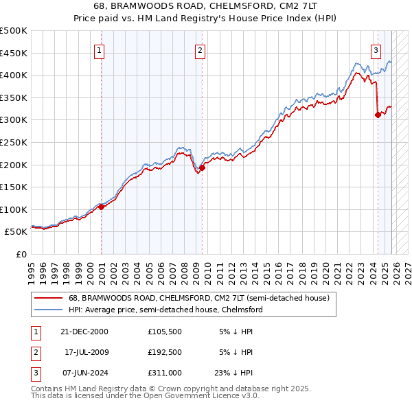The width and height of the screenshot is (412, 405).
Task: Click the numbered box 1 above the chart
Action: [x=100, y=49]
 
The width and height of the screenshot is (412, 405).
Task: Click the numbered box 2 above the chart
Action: [x=199, y=49]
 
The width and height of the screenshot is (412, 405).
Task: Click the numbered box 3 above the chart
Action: [x=376, y=49]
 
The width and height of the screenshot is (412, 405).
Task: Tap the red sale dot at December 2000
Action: [x=101, y=206]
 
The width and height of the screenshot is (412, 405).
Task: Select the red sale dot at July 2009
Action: [x=202, y=167]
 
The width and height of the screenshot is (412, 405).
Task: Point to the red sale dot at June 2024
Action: [x=378, y=115]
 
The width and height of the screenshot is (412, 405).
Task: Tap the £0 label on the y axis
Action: [x=20, y=254]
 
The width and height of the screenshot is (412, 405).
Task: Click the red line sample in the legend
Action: [x=49, y=298]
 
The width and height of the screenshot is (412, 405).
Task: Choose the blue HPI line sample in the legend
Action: [x=49, y=310]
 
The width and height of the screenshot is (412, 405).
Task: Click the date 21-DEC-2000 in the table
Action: [x=84, y=331]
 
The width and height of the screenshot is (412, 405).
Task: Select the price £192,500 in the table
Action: [x=165, y=352]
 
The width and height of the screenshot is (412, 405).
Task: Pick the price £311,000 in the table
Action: [x=165, y=373]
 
